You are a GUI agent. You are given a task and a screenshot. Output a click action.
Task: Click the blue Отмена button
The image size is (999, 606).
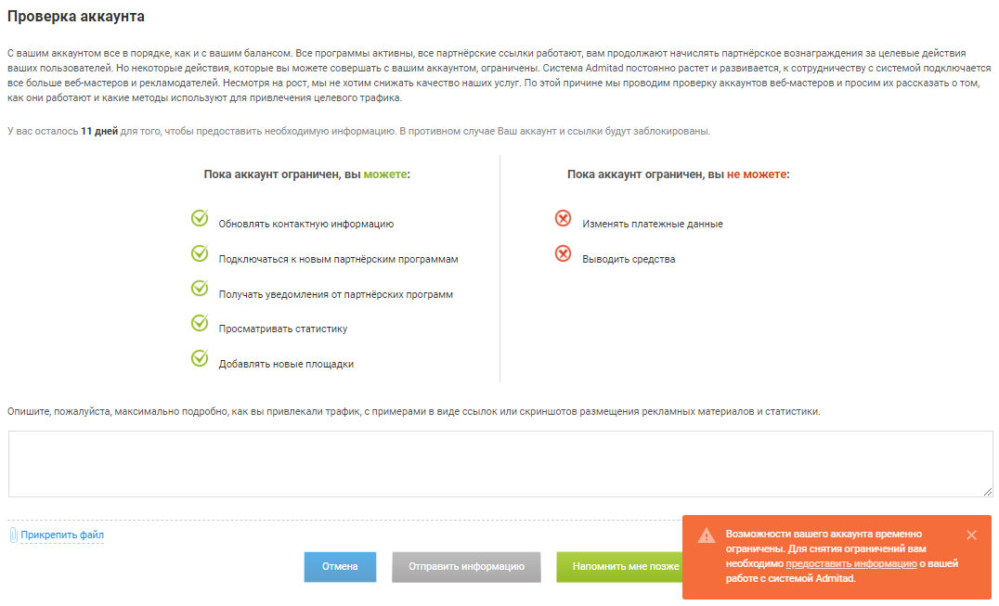click(340, 566)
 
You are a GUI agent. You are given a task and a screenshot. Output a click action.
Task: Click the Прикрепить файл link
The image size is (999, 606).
click(62, 535)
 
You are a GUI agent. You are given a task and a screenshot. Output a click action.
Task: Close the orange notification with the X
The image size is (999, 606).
click(971, 535)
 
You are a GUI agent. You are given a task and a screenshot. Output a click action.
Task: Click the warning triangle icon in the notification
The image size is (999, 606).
click(707, 535)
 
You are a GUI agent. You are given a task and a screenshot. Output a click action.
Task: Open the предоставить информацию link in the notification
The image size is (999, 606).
click(851, 563)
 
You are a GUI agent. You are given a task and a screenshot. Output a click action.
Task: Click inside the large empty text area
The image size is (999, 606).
click(500, 463)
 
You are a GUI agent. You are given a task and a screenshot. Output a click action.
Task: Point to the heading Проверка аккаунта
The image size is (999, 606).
click(76, 17)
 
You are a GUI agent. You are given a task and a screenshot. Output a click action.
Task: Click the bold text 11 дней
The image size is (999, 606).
click(99, 131)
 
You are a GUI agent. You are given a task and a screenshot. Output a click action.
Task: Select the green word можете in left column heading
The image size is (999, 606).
click(385, 174)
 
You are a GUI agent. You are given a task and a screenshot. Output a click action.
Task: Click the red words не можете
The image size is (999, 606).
click(757, 174)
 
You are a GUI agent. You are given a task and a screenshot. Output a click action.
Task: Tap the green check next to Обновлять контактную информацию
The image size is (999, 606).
click(200, 218)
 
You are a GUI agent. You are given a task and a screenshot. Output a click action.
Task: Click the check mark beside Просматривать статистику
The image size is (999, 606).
click(200, 323)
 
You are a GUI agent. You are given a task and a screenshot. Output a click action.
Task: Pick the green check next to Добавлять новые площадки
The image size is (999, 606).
click(200, 358)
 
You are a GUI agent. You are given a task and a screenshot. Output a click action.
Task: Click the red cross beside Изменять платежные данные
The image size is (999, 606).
click(563, 218)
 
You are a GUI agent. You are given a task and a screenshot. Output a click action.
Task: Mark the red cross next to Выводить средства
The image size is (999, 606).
click(563, 253)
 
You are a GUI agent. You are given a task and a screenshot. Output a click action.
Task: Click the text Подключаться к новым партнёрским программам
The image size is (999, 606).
click(338, 259)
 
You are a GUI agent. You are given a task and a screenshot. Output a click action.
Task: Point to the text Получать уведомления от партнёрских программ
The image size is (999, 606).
click(335, 294)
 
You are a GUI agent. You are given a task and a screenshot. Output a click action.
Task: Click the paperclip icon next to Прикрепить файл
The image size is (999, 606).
click(14, 535)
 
